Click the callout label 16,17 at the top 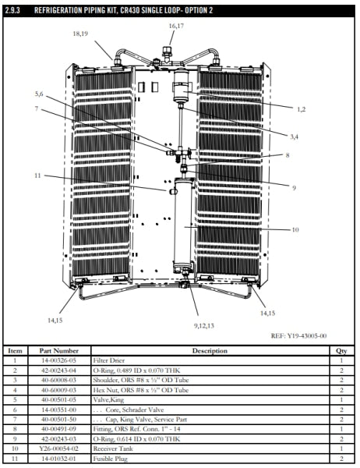click(176, 27)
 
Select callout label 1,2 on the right click(301, 108)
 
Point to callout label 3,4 click(295, 136)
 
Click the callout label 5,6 click(39, 94)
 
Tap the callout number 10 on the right click(295, 230)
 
